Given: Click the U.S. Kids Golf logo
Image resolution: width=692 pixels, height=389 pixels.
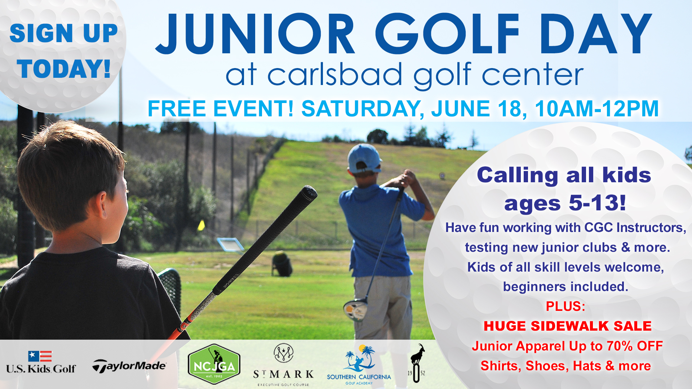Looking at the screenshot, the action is click(x=40, y=362).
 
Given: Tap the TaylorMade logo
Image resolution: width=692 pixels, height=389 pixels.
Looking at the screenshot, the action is click(x=129, y=366).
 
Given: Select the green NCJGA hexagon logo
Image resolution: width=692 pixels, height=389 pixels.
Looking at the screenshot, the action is click(x=214, y=364).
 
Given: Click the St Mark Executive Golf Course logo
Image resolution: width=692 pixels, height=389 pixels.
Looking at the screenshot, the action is click(x=283, y=365).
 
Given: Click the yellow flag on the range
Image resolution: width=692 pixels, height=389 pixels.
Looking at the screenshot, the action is click(x=201, y=225).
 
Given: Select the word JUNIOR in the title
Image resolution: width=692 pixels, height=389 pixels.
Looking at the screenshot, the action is click(x=255, y=34).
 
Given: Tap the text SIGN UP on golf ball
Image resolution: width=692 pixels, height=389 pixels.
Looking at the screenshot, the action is click(x=64, y=33).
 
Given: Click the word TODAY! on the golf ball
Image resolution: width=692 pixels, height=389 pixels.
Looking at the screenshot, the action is click(x=64, y=68).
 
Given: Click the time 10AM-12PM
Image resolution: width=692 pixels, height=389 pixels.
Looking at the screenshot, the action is click(x=597, y=108).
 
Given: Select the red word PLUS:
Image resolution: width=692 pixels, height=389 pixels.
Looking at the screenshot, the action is click(x=565, y=306).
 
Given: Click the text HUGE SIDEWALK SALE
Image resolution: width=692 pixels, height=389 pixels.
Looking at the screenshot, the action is click(x=568, y=326).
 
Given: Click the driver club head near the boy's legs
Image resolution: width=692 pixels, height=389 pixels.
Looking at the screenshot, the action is click(x=355, y=310).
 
